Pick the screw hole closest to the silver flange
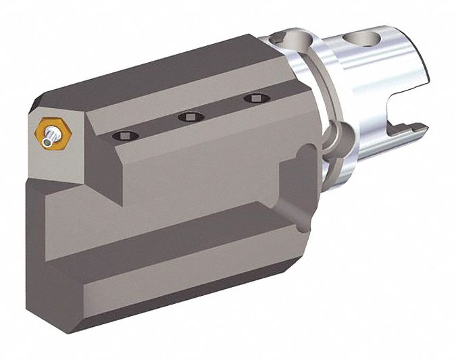254,99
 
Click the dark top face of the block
169,74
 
